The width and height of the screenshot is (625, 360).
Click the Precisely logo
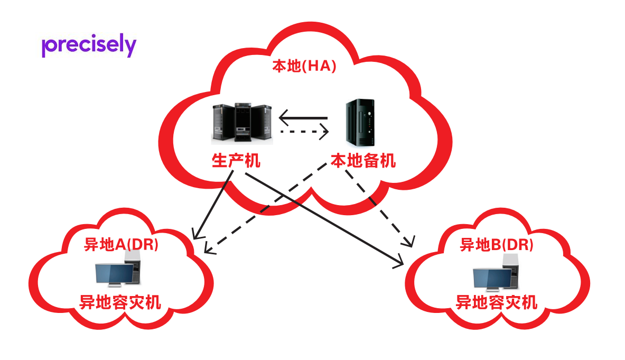[x=89, y=46]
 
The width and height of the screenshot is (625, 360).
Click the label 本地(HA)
[x=304, y=67]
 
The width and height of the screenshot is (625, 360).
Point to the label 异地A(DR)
[x=122, y=244]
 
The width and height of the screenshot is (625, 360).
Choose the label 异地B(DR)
[x=497, y=244]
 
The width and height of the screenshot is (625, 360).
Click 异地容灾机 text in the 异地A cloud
[x=120, y=302]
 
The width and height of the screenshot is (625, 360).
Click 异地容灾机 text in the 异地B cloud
[x=497, y=302]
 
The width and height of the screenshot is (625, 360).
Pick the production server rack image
[x=242, y=123]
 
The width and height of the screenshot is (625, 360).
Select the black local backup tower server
[x=361, y=122]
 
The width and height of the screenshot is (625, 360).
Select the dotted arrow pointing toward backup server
[x=304, y=131]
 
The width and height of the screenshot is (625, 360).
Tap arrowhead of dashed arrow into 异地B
[x=408, y=243]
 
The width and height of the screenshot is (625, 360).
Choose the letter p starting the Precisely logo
[x=46, y=48]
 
